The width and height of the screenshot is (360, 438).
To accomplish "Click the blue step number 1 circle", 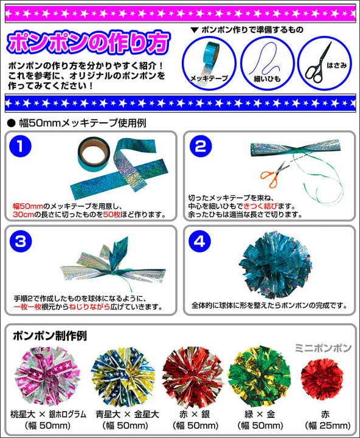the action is coord(20,147).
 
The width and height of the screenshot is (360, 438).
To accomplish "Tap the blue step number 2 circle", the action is coord(201,147).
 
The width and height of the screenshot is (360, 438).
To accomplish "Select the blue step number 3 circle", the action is coord(20,242).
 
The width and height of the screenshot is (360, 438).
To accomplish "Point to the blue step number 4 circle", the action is coord(199,242).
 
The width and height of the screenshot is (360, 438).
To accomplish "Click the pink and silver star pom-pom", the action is coord(47,377).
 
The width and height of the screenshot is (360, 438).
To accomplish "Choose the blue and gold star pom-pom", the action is coord(122,377).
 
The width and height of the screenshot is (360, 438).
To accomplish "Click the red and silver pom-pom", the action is coord(192,377).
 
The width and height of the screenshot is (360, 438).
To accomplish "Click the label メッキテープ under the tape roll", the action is coord(209,78).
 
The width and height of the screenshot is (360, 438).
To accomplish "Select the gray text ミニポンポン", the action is coord(323,348).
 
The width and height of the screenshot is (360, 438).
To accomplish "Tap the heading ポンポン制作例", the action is coord(50,336).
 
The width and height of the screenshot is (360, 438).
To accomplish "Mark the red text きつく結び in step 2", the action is coord(260,206).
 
